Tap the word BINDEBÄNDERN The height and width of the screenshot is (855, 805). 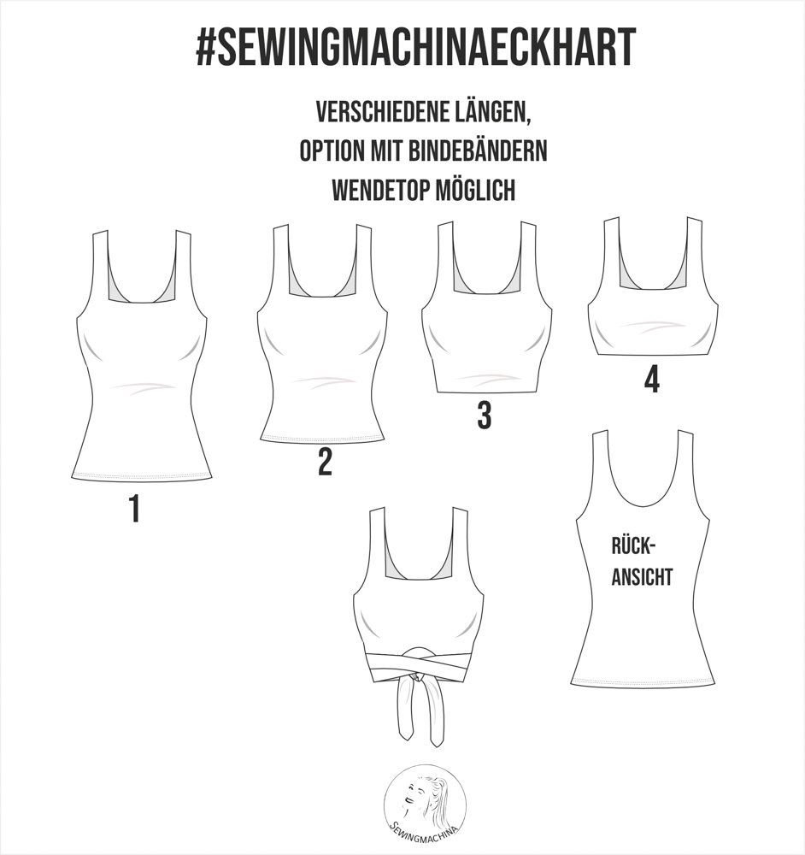pos(477,151)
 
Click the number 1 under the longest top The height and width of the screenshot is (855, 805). pos(134,508)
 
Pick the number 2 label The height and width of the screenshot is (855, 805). pos(325,462)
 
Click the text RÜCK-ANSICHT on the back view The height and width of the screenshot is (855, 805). pos(642,562)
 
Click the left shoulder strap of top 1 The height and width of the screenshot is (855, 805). pos(100,266)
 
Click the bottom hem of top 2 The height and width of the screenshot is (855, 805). pos(323,439)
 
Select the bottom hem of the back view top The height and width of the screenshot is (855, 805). pos(643,682)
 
